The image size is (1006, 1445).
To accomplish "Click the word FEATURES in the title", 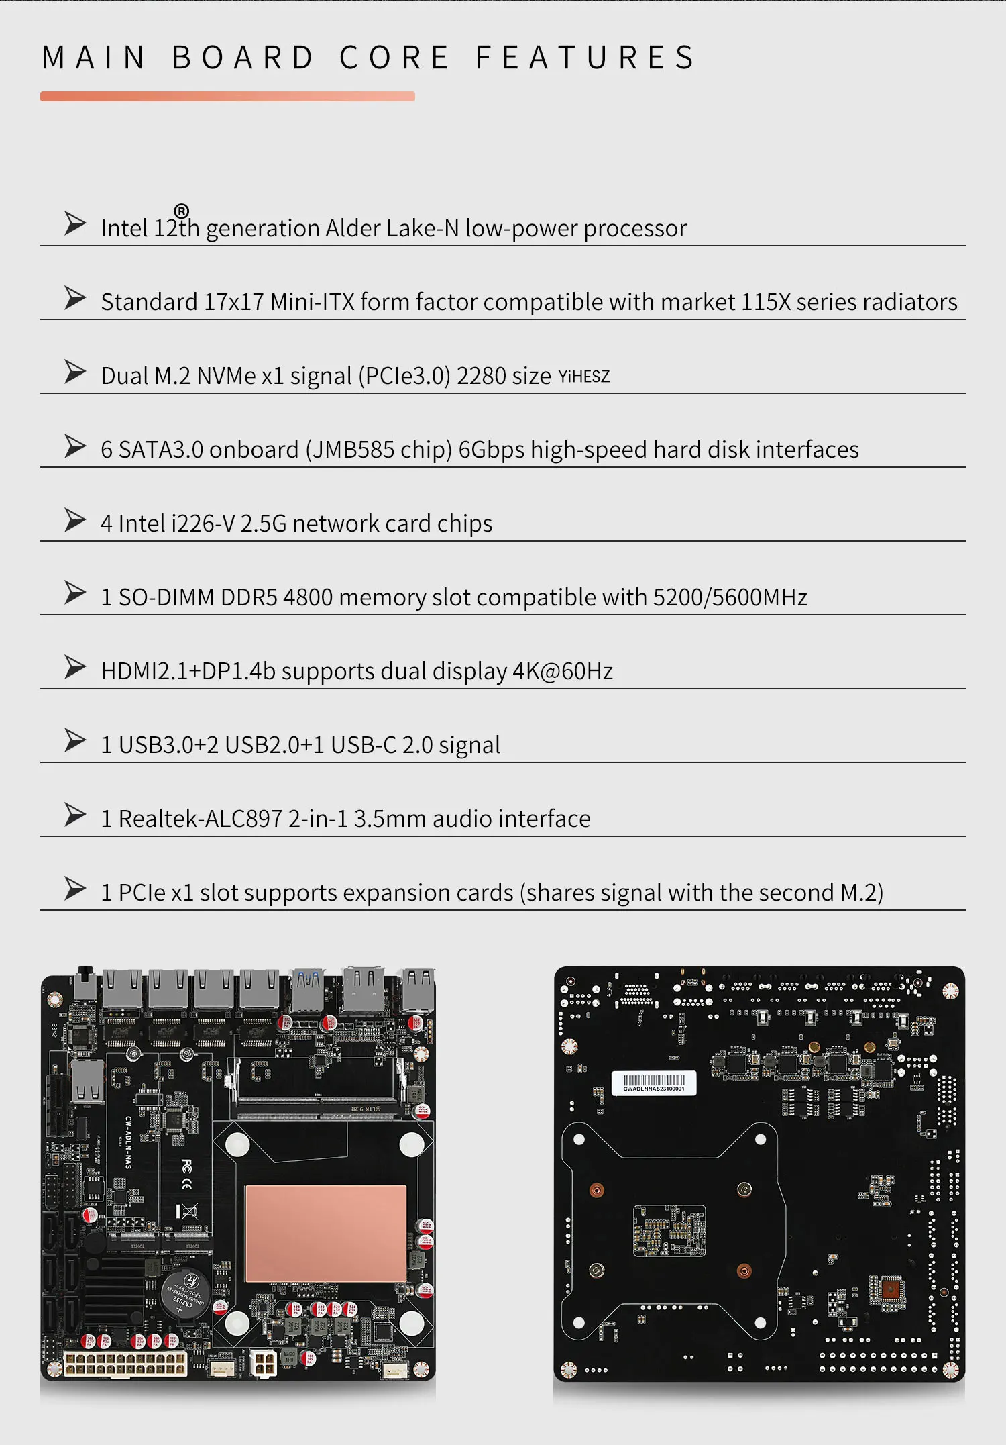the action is pyautogui.click(x=585, y=58).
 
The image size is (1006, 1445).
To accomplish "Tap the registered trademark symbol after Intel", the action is pyautogui.click(x=181, y=211).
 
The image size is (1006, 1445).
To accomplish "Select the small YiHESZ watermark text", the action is pyautogui.click(x=583, y=377).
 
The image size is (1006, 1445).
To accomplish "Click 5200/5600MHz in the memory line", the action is pyautogui.click(x=730, y=597).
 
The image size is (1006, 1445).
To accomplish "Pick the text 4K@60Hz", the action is pyautogui.click(x=563, y=671).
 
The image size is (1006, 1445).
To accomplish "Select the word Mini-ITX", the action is pyautogui.click(x=312, y=302).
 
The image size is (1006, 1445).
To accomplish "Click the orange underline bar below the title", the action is pyautogui.click(x=227, y=96).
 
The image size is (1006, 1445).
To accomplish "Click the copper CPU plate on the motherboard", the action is pyautogui.click(x=326, y=1234).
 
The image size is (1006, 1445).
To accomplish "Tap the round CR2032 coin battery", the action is pyautogui.click(x=185, y=1293).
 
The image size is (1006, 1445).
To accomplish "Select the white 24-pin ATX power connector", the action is pyautogui.click(x=125, y=1363).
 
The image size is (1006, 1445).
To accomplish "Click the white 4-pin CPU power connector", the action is pyautogui.click(x=264, y=1363).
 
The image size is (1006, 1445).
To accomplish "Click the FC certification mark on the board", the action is pyautogui.click(x=186, y=1166).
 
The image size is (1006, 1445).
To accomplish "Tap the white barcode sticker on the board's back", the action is pyautogui.click(x=654, y=1083).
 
